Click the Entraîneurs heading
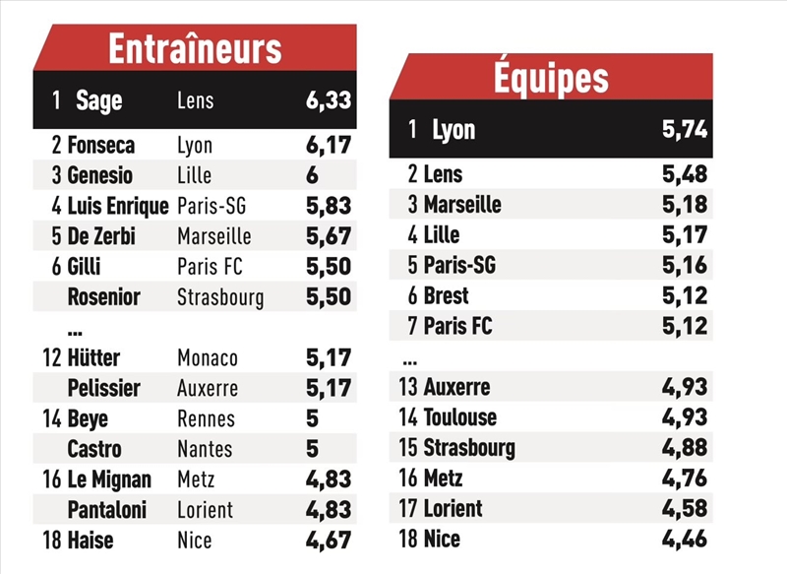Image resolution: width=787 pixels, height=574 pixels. coord(195,48)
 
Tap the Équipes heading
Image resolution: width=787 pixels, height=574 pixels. coord(550,78)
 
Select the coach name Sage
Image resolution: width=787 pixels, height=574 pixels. coord(98,100)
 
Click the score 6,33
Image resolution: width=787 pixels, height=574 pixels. coord(328,100)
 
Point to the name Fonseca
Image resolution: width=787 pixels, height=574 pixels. coord(100,146)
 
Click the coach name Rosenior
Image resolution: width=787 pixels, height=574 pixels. coord(103,297)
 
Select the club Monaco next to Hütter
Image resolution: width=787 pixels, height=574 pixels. coord(208,358)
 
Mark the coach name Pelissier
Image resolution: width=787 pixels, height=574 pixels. coord(103,389)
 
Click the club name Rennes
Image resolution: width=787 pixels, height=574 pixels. coord(206,419)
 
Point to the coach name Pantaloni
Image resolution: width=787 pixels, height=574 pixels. coord(107,510)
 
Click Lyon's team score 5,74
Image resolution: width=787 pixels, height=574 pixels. coord(682,129)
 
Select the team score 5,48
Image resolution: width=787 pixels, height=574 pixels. coord(683,174)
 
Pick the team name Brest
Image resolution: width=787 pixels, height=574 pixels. coord(446,295)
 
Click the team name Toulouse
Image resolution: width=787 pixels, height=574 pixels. coord(459,417)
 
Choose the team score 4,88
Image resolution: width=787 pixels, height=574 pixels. coord(683,448)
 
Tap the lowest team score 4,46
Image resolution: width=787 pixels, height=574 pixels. coord(683,539)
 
